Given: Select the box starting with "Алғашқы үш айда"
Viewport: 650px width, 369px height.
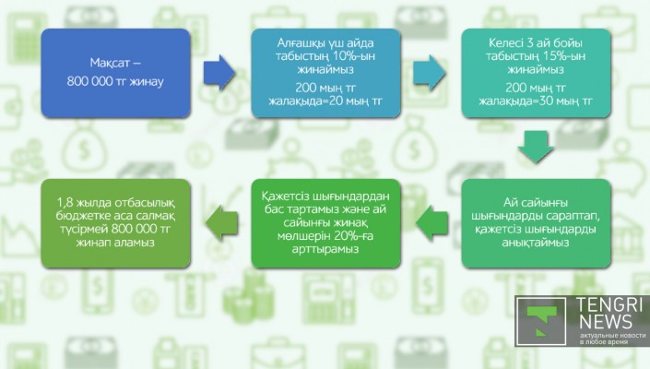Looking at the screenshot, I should click(x=325, y=73).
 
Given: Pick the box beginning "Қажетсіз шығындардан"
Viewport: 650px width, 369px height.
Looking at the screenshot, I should click(x=325, y=223).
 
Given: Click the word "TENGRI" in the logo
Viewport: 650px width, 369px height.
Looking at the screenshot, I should click(x=611, y=306).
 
